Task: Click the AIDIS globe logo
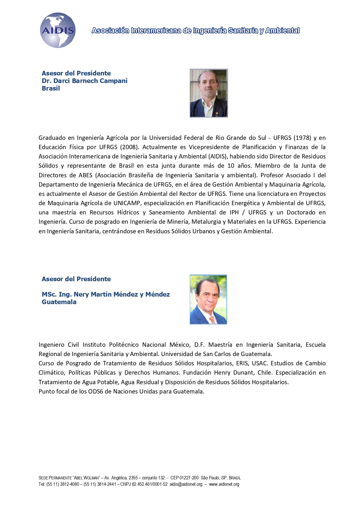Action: [58, 30]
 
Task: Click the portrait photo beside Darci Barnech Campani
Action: [209, 93]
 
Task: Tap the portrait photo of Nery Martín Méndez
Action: [208, 299]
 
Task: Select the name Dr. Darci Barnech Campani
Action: [84, 81]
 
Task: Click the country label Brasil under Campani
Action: [51, 89]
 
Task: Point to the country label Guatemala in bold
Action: [59, 302]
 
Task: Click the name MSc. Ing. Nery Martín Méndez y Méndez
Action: [106, 294]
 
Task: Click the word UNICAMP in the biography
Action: [126, 203]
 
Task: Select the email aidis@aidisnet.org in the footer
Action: [186, 484]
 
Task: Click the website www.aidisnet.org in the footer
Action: [224, 484]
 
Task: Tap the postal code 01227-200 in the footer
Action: [189, 478]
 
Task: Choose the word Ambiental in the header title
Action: [282, 30]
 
